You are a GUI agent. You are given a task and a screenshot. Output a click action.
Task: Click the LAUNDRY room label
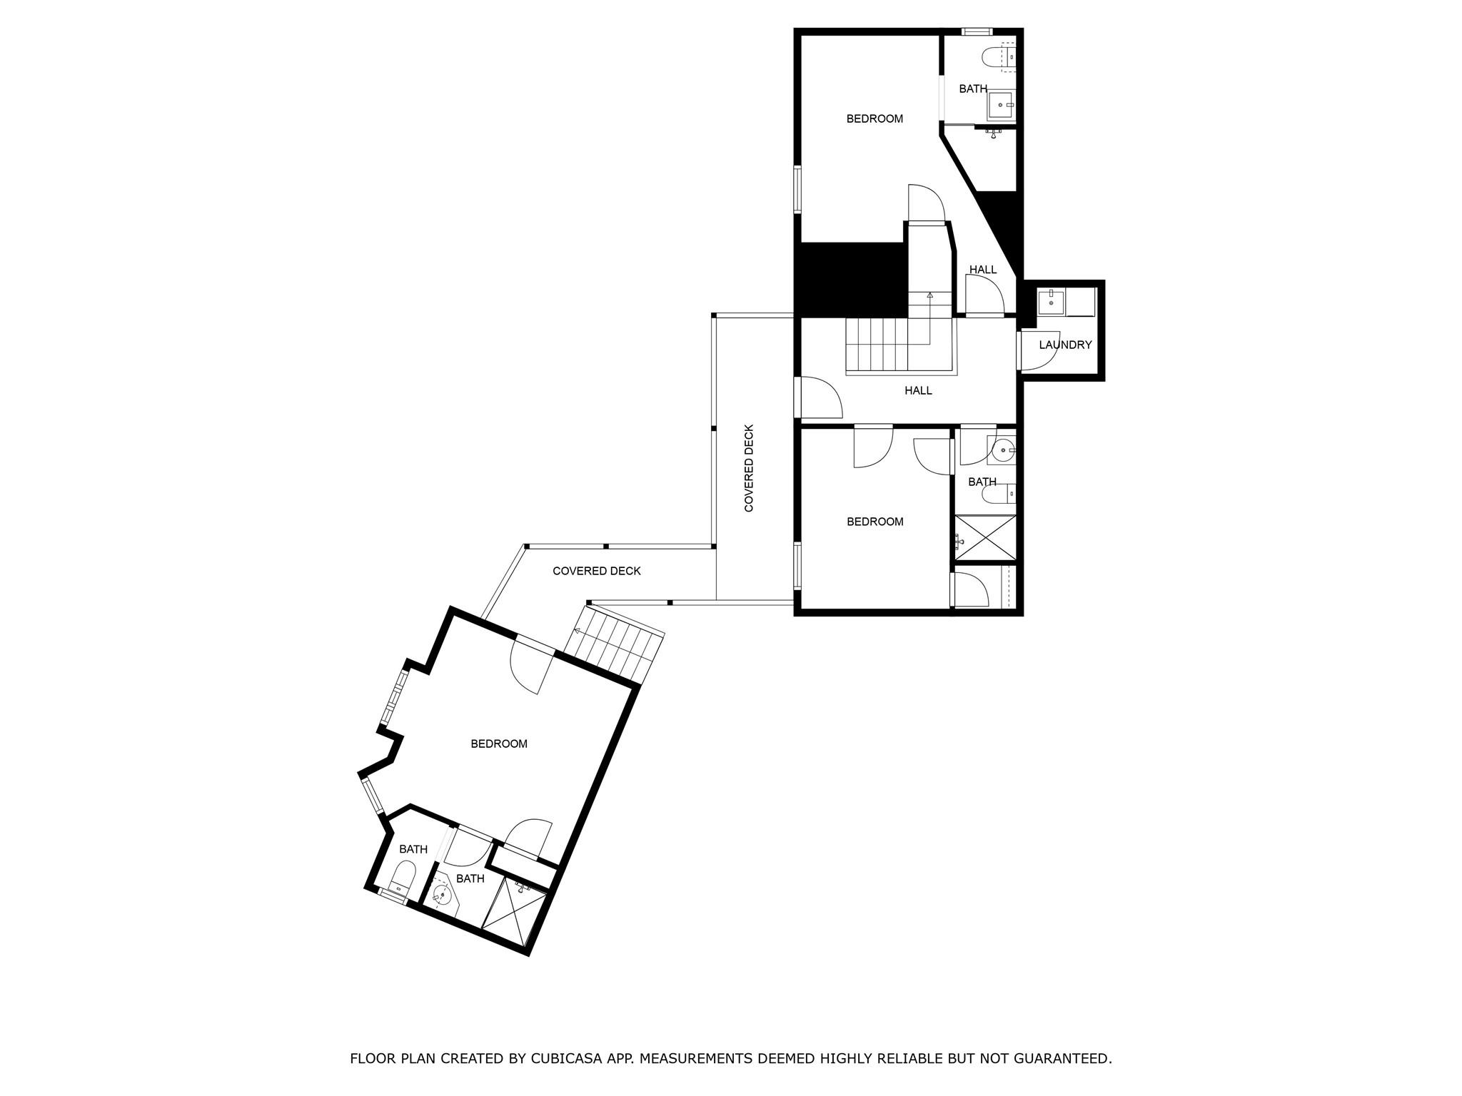click(x=1065, y=345)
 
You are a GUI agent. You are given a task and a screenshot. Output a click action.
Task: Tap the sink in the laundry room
click(x=1052, y=302)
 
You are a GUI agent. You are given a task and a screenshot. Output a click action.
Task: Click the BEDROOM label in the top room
click(x=874, y=119)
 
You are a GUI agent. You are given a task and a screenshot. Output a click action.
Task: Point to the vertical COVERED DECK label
click(x=749, y=468)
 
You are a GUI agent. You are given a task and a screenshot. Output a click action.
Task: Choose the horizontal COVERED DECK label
click(x=597, y=571)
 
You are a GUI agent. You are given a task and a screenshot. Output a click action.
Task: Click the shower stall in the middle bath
click(x=985, y=537)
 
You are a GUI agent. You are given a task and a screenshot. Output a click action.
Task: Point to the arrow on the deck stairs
click(x=577, y=631)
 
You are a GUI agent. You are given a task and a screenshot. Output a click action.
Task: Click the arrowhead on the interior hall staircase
click(x=929, y=295)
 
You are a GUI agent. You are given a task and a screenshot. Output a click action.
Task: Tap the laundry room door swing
click(x=1039, y=352)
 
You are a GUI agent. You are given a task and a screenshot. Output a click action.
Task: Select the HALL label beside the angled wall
click(x=983, y=270)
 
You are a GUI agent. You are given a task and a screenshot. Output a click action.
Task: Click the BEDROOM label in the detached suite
click(x=499, y=744)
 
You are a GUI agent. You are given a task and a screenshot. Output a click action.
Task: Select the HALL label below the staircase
click(x=918, y=391)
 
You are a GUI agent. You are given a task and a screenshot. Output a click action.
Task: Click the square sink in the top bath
click(x=1001, y=105)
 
